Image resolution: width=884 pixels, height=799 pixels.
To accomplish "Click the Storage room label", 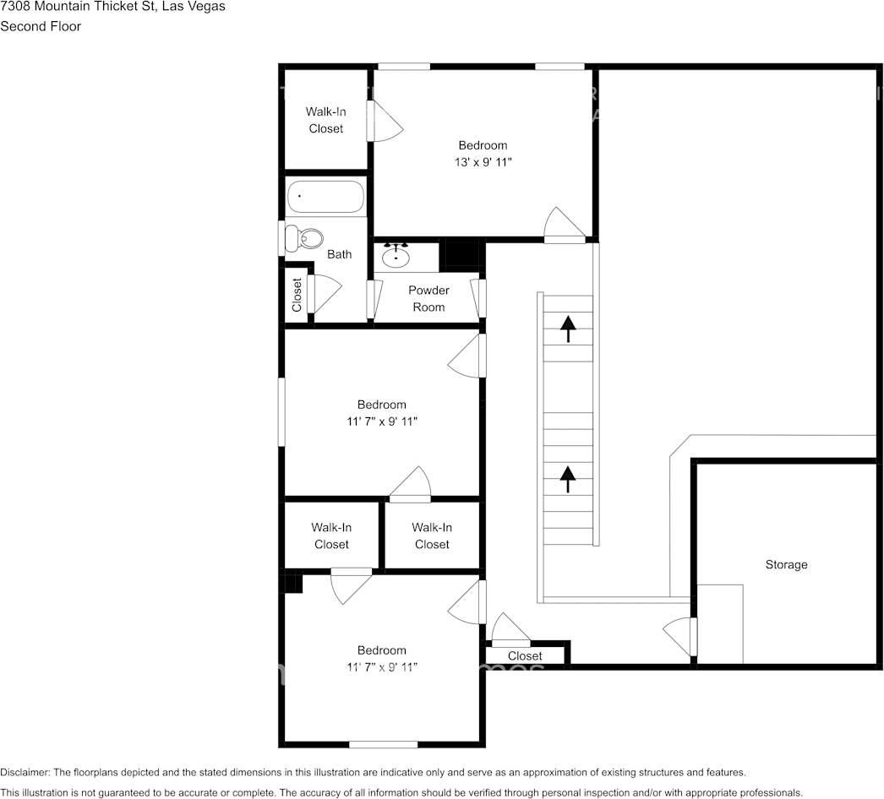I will (x=786, y=564).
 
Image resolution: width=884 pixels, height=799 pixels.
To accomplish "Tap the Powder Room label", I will (x=428, y=299).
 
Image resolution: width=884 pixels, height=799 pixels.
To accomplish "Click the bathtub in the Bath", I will (x=325, y=197).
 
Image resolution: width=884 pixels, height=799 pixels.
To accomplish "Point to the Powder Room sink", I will (x=396, y=255).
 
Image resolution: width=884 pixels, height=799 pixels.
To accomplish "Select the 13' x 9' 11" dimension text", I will (x=483, y=162).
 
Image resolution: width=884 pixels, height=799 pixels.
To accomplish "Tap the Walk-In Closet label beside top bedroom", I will (x=325, y=120).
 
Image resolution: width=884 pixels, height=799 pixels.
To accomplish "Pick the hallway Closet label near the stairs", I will (x=525, y=656).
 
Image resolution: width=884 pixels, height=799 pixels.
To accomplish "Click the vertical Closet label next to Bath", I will (x=297, y=295).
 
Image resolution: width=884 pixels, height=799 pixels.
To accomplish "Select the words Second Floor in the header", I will (x=41, y=26).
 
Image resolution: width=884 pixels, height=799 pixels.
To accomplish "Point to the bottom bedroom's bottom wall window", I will (x=383, y=744).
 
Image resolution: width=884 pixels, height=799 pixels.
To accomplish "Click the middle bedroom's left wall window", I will (x=282, y=410).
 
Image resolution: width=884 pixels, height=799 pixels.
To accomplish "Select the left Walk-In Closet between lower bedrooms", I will (x=331, y=536).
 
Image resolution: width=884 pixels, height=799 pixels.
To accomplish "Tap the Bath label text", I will (x=340, y=254).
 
